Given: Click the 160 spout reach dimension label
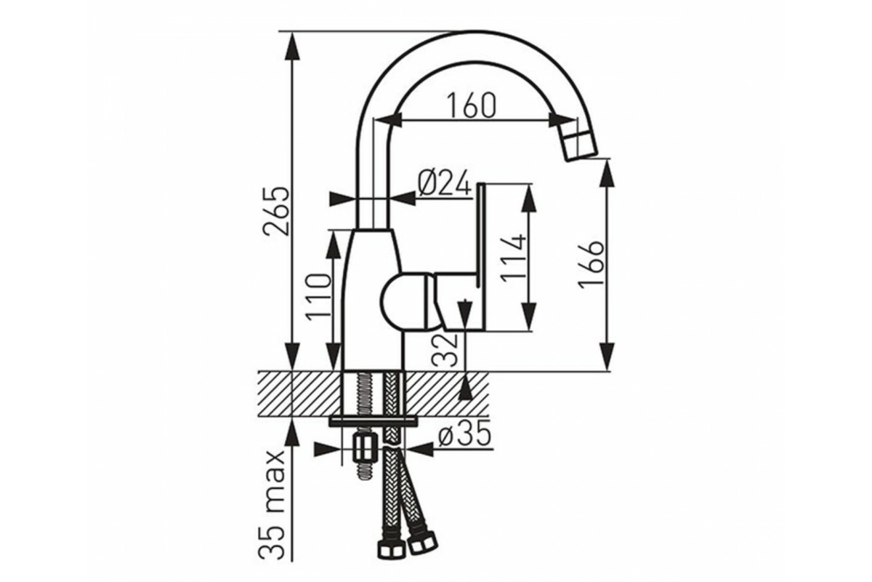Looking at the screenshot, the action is tap(471, 105).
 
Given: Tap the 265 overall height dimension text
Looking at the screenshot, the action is tap(277, 211).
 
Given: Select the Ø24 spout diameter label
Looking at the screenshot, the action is tap(445, 183).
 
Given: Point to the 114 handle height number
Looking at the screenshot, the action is tap(514, 259).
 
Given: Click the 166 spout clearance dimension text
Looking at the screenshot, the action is tap(591, 265).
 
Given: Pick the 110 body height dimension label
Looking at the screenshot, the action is tap(318, 297).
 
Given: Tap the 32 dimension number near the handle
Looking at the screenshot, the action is tap(445, 350).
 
